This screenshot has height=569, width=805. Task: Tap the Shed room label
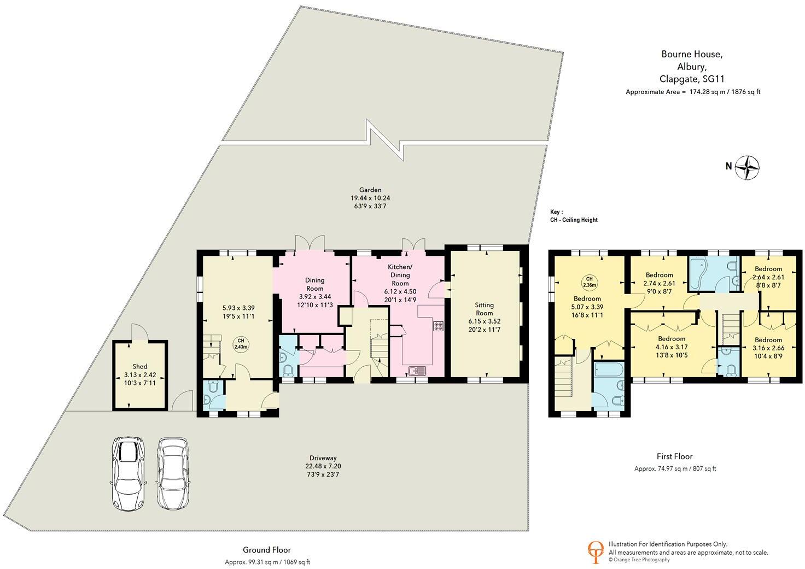[x=139, y=366]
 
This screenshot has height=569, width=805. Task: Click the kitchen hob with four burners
[x=439, y=326]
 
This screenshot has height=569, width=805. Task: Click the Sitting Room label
[x=484, y=309]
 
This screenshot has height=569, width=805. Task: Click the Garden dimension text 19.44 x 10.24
[x=370, y=198]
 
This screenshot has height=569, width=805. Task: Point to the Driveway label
[x=323, y=458]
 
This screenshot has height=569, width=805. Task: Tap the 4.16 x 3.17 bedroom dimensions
[x=672, y=347]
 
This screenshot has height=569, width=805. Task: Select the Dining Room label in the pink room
[x=314, y=284]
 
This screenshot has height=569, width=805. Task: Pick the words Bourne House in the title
[x=692, y=54]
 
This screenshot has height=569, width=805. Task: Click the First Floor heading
[x=674, y=456]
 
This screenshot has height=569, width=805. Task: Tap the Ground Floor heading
[x=267, y=550]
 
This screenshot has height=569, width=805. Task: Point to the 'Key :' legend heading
[x=557, y=212]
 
